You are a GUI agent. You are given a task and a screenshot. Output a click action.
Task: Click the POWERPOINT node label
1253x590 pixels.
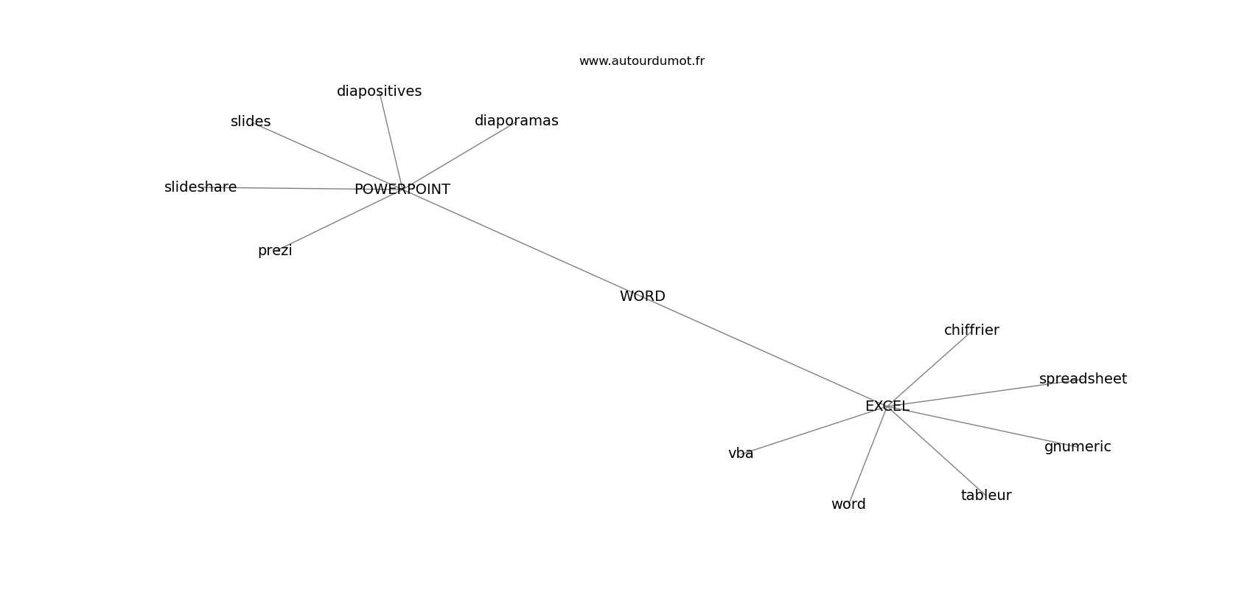point(402,190)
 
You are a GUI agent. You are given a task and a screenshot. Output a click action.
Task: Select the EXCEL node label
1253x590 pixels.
point(887,406)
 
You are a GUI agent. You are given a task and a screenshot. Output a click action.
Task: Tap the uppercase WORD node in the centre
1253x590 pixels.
point(642,296)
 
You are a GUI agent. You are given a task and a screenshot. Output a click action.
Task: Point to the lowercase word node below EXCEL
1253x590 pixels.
point(848,504)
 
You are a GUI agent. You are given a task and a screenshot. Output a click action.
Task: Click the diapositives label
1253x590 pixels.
point(379,91)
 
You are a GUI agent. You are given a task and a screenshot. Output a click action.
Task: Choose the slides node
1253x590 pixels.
point(251,122)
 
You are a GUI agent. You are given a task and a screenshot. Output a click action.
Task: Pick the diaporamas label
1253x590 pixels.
point(516,121)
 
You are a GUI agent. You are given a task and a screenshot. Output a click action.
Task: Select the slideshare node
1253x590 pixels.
point(200,187)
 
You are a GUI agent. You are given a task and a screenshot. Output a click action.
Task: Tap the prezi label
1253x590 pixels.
point(275,251)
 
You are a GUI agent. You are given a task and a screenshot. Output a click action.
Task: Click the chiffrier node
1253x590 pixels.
point(971,330)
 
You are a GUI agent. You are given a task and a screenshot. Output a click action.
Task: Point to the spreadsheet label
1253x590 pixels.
point(1083,379)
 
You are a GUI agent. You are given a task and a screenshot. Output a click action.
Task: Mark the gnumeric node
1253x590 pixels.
point(1078,447)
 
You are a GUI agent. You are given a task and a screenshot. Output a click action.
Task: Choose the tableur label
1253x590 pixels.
point(986,496)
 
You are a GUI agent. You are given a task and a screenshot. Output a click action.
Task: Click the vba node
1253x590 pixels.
point(741,454)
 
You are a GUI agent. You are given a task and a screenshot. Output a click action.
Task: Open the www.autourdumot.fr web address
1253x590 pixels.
point(641,61)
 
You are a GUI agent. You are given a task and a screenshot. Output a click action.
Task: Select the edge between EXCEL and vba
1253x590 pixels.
point(811,431)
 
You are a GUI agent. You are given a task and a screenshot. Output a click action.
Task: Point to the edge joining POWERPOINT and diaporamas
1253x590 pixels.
point(461,155)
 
